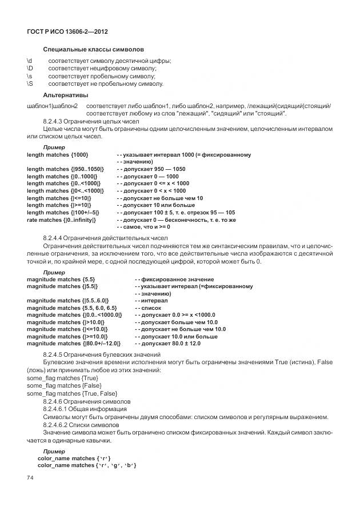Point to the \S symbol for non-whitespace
[x=30, y=84]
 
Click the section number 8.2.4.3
[x=56, y=122]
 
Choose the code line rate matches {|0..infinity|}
[x=62, y=220]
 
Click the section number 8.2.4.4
[x=56, y=238]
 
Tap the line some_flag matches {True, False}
[x=72, y=393]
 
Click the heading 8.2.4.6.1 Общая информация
[x=87, y=409]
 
